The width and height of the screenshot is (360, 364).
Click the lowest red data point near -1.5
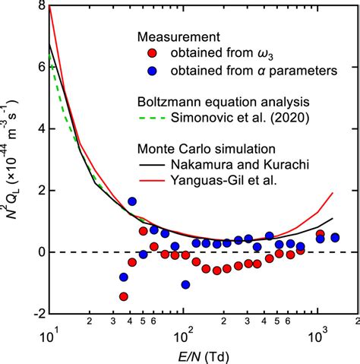(x=124, y=296)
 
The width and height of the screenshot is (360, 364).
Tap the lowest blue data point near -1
(x=185, y=284)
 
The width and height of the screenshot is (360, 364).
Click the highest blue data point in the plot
(x=132, y=201)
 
